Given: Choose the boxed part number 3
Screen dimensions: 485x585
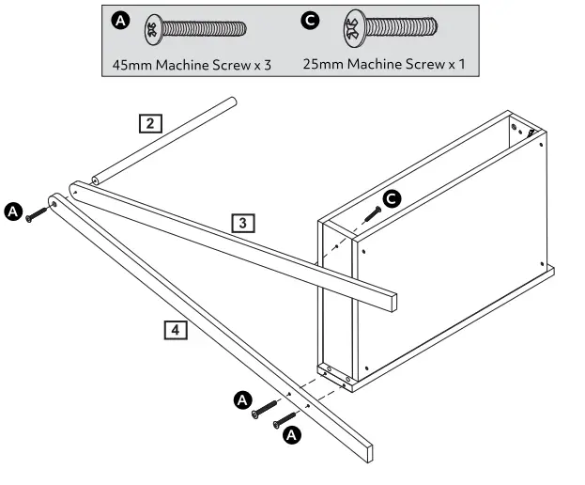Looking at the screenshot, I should click(243, 223).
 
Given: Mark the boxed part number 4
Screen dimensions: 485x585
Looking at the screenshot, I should click(175, 329).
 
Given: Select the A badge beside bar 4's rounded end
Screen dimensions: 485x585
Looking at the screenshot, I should click(13, 211).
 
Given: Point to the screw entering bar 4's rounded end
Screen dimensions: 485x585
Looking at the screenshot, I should click(37, 214).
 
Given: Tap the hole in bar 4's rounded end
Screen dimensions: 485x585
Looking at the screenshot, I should click(54, 201).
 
